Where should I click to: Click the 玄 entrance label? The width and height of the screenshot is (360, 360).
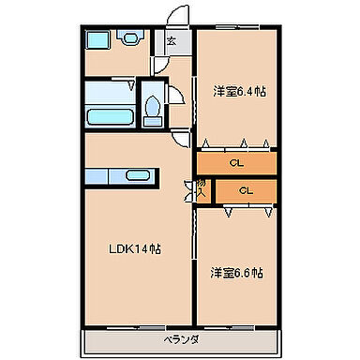click(x=170, y=41)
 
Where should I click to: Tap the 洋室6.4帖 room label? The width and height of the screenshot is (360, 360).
click(x=238, y=91)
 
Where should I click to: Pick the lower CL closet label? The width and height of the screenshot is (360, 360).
click(x=247, y=190)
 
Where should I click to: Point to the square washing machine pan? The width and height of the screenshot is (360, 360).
click(x=97, y=39)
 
